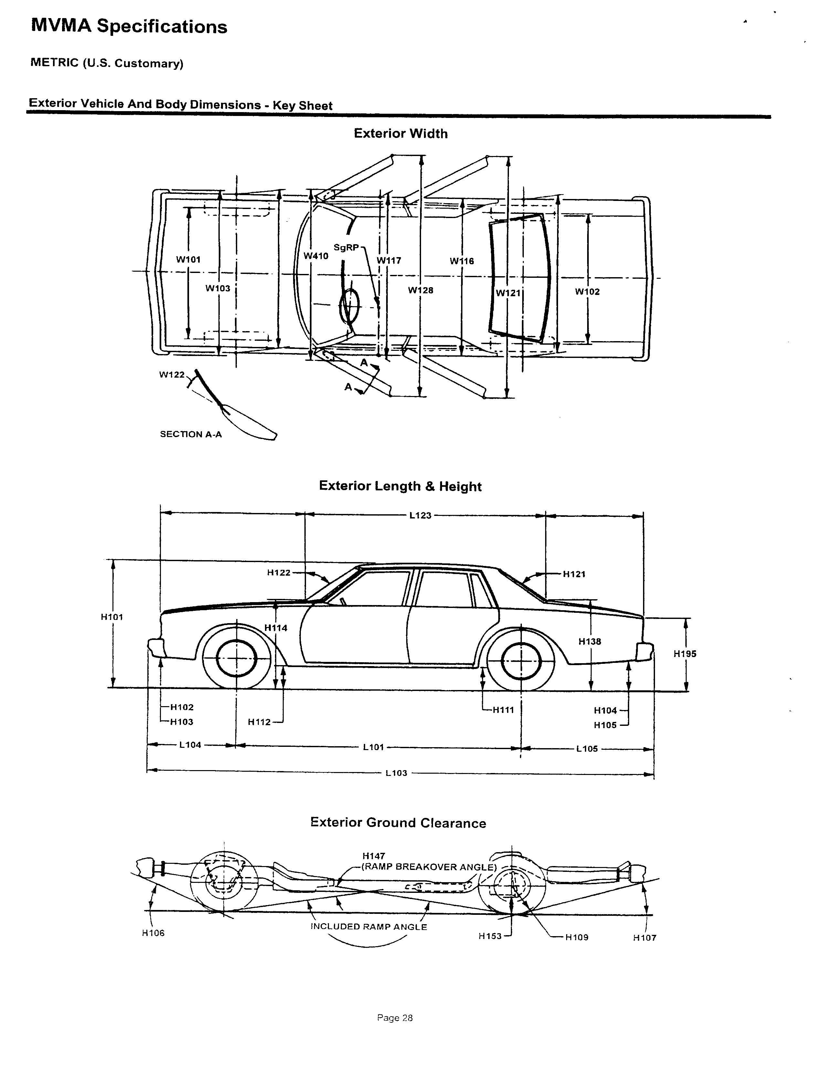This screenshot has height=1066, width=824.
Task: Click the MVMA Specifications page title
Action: click(x=129, y=26)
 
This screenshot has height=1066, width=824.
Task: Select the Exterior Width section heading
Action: click(x=400, y=134)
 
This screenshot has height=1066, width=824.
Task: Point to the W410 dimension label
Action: click(x=316, y=256)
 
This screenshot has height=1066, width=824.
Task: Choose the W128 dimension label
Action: click(x=420, y=290)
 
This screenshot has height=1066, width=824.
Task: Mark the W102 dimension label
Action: click(x=587, y=292)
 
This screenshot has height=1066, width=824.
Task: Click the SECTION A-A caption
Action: click(x=191, y=434)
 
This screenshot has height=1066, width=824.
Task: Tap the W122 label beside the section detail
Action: click(x=172, y=375)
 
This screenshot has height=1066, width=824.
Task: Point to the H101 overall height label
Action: click(x=112, y=617)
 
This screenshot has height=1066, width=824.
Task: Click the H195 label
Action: click(x=685, y=654)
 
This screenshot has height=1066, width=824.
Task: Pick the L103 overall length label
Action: click(x=396, y=773)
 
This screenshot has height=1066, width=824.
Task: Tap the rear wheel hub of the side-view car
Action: click(x=521, y=662)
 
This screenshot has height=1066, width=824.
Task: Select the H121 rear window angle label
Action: click(x=574, y=574)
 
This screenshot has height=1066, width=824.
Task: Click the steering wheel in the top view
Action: click(x=350, y=306)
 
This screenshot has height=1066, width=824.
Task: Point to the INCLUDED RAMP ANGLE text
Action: click(x=369, y=927)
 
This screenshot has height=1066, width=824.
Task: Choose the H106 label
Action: click(x=153, y=933)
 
